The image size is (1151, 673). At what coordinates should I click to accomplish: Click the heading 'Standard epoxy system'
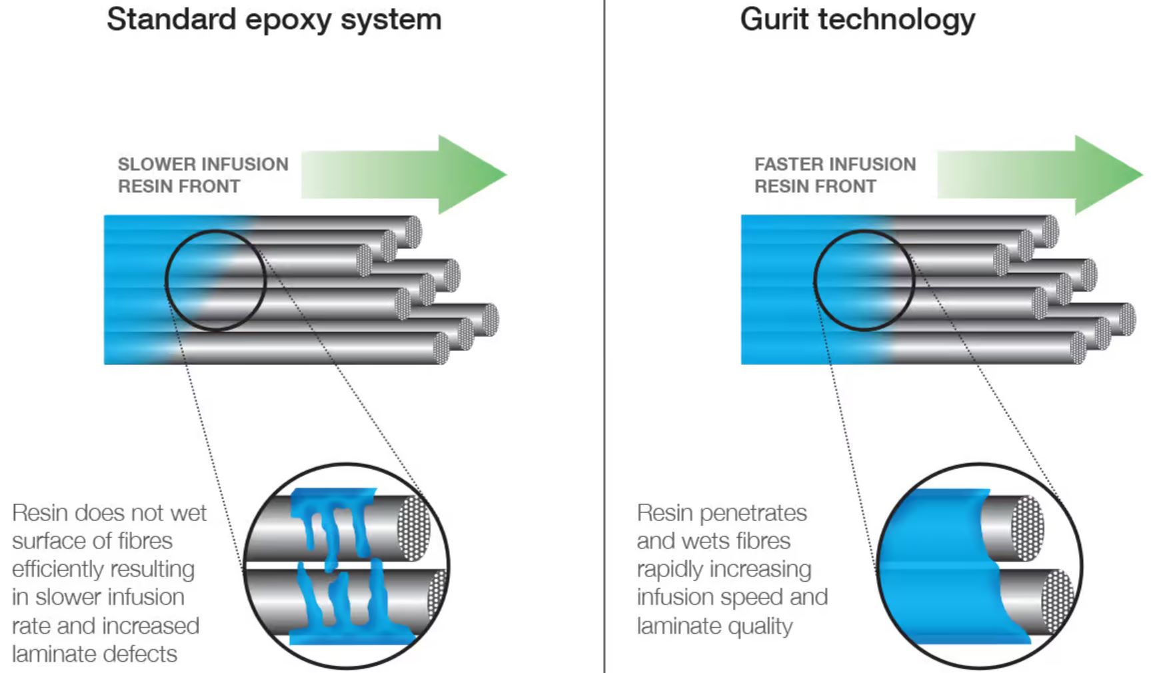(274, 19)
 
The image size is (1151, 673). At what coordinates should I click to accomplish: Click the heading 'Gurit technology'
(857, 19)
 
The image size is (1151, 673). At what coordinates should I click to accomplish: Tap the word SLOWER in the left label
(157, 164)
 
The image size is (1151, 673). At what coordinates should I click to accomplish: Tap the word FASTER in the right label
(789, 164)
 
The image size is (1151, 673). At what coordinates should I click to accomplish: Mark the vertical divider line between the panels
(604, 333)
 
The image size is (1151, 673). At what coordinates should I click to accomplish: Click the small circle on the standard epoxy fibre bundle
(215, 280)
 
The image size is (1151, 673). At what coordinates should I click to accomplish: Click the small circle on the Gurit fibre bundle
(864, 280)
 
